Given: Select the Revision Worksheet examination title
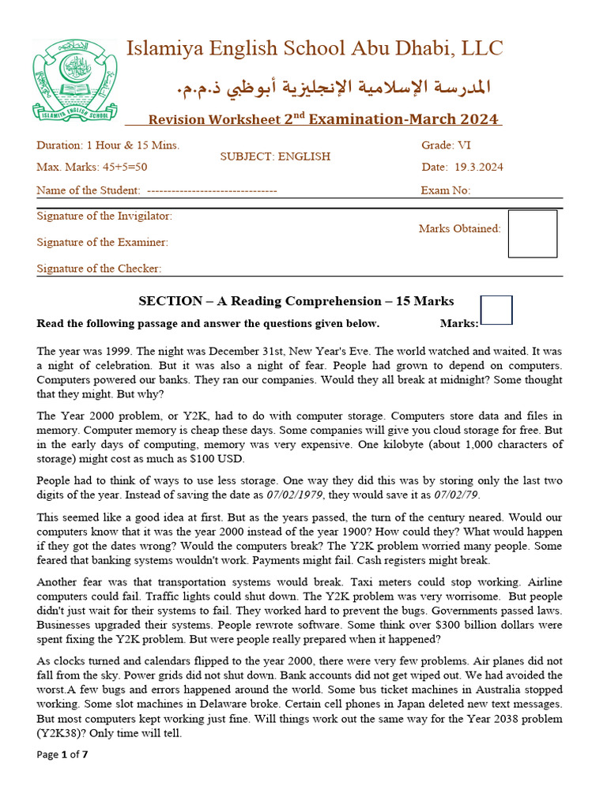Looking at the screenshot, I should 324,119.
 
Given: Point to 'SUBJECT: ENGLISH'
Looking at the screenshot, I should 275,156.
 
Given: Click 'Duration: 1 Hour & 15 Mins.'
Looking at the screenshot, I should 108,145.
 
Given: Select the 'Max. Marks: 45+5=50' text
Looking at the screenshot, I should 92,167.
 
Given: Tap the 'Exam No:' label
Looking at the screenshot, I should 445,190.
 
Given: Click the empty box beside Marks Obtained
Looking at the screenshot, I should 532,233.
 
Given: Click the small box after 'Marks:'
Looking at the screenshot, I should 496,310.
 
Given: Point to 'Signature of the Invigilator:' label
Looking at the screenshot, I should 104,216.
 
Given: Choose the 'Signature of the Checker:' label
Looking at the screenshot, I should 100,269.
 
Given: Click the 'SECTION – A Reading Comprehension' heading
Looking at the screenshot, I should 296,301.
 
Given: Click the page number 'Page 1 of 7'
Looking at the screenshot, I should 62,754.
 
